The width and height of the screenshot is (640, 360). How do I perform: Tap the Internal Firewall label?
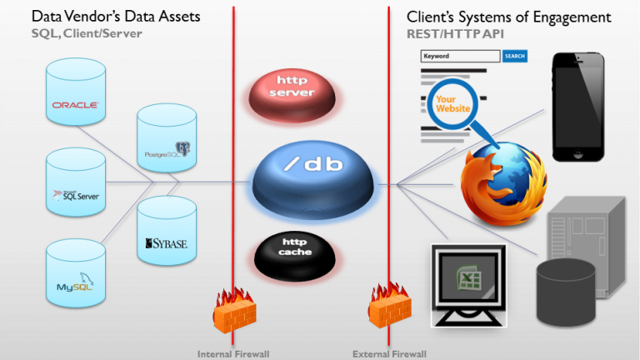coord(233,353)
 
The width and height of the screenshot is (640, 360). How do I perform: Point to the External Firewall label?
coord(389,353)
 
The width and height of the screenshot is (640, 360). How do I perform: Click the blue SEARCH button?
coord(515,56)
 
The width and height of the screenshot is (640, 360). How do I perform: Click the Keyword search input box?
coord(460,56)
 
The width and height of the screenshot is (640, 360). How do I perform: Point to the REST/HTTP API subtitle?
coord(454,33)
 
